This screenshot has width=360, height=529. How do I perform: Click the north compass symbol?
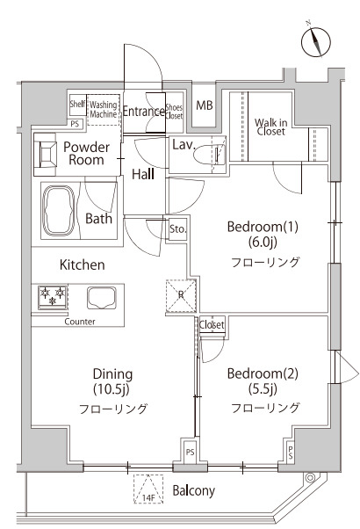[x=316, y=42]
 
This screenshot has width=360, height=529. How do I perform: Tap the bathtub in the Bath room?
[x=58, y=210]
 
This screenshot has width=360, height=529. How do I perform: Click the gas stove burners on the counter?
[x=53, y=297]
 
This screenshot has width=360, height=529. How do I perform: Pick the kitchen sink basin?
[x=102, y=298]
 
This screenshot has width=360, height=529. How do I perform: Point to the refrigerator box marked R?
[x=181, y=295]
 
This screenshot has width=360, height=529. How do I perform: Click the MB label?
[x=205, y=105]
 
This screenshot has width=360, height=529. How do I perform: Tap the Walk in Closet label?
[x=270, y=127]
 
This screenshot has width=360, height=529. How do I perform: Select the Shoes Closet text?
[x=174, y=112]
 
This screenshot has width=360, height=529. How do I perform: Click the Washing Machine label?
[x=104, y=109]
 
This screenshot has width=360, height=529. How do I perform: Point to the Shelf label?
[x=77, y=104]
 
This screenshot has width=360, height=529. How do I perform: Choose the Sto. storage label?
[x=177, y=229]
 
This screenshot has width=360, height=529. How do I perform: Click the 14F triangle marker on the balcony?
[x=148, y=489]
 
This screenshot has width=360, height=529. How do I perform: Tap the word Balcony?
[x=193, y=491]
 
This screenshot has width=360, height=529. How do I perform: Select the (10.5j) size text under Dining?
[x=112, y=389]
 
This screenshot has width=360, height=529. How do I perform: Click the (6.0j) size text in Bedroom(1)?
[x=263, y=242]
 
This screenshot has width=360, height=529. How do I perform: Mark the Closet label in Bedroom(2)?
[x=212, y=324]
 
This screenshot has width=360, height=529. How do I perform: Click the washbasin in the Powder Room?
[x=45, y=154]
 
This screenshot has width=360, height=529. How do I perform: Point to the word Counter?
[x=80, y=322]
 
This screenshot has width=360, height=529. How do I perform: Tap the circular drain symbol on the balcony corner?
[x=310, y=478]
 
